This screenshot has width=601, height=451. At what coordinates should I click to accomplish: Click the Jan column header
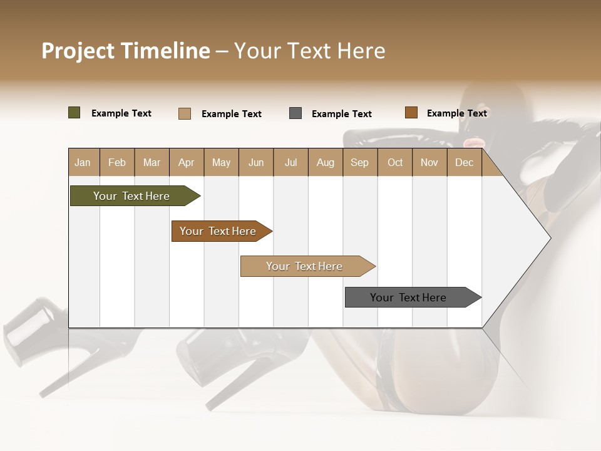click(83, 163)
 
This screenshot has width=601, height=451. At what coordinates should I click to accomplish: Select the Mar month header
click(152, 163)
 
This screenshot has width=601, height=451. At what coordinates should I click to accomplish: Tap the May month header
click(221, 163)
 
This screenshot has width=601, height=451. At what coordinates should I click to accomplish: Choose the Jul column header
click(290, 163)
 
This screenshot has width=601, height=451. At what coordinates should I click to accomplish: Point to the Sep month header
click(359, 163)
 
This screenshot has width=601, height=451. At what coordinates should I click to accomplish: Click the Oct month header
click(395, 163)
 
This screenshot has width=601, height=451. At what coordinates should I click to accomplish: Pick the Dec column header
click(464, 163)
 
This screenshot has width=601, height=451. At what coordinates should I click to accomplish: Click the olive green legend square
click(74, 113)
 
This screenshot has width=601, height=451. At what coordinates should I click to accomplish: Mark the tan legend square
click(185, 113)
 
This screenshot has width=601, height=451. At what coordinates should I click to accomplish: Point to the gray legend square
click(295, 113)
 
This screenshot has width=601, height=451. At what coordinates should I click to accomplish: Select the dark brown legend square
click(411, 113)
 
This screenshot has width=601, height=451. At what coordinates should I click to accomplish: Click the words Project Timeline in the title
click(126, 51)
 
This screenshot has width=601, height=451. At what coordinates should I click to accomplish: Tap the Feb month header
click(117, 163)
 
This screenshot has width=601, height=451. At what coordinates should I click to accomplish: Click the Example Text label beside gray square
click(341, 114)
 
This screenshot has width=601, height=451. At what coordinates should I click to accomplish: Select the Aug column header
click(325, 163)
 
